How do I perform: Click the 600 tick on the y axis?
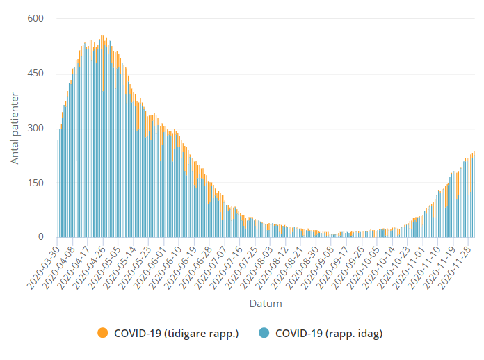35,19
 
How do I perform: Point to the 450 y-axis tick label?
35,74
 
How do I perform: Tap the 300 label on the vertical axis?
35,129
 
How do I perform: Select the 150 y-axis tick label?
35,183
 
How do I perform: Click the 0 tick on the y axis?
40,237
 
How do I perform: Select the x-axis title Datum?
266,304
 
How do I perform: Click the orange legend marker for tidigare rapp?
102,334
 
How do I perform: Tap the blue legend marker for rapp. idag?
264,334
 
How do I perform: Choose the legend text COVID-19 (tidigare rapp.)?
177,334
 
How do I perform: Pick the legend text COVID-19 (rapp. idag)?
329,334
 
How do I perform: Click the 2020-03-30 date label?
45,266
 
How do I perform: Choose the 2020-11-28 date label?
449,266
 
